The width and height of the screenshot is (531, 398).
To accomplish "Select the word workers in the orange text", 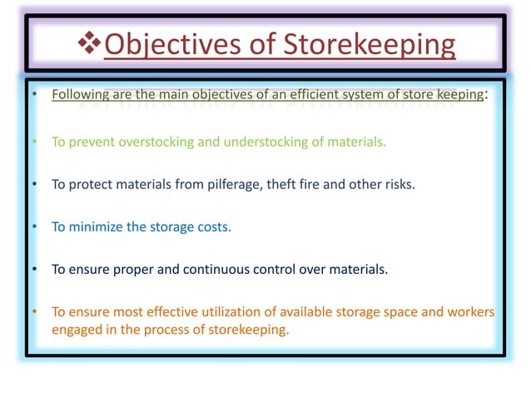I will (469, 312).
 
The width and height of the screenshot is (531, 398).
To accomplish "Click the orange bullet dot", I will (35, 312).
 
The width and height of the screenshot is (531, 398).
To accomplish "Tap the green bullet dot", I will (35, 142).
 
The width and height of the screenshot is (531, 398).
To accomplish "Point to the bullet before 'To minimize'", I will (35, 226).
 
